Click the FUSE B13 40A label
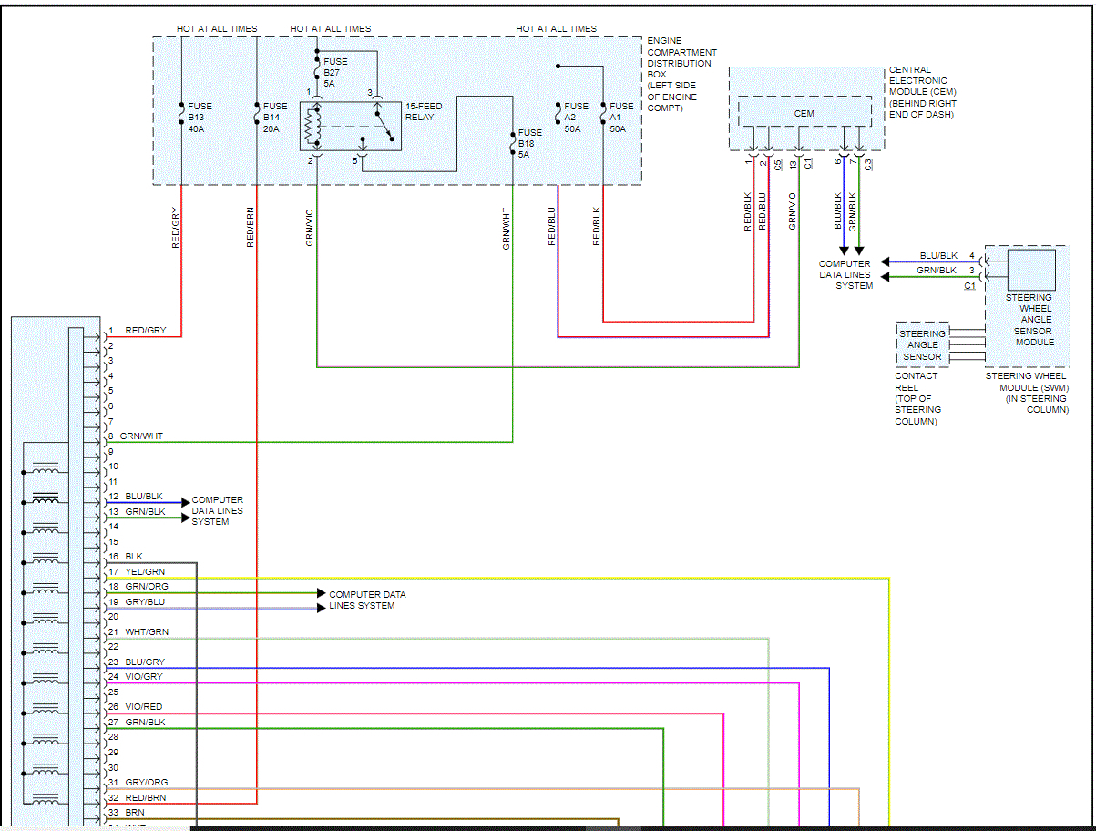(200, 118)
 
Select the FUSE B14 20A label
(275, 118)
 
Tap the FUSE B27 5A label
(335, 72)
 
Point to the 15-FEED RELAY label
(423, 111)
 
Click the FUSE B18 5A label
(529, 144)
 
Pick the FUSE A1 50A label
(621, 118)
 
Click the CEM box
(804, 113)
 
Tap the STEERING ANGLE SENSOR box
(922, 345)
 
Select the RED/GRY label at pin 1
(146, 331)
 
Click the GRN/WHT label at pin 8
(141, 436)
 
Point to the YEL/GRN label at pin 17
(145, 572)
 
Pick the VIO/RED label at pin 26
(144, 707)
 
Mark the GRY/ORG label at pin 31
(147, 783)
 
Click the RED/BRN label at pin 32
(146, 798)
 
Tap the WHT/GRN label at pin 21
(147, 632)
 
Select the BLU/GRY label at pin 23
(145, 662)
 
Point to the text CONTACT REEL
(916, 381)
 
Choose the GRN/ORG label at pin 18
(147, 587)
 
